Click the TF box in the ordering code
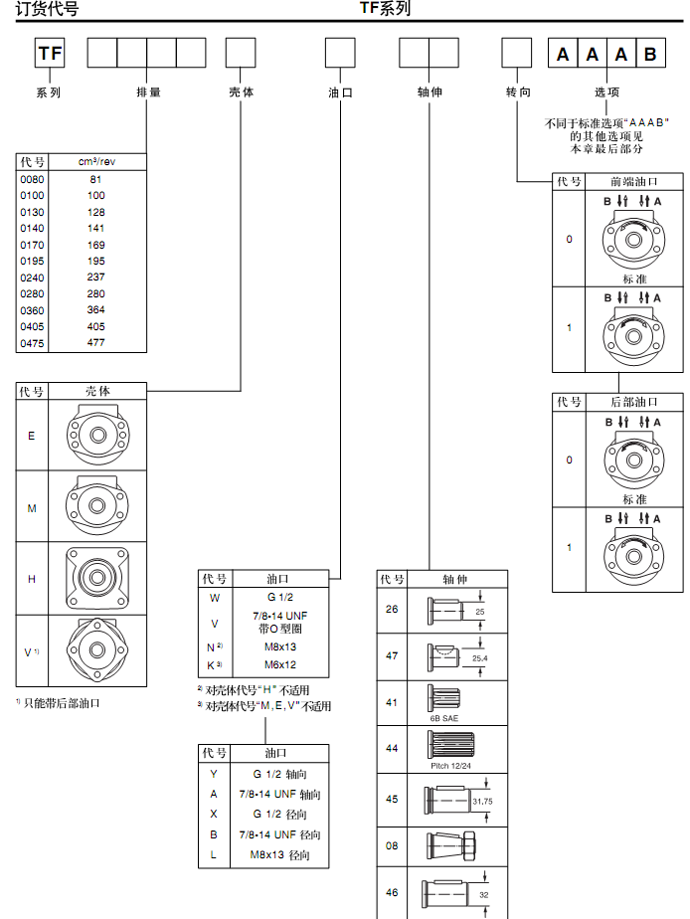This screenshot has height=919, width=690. [x=51, y=53]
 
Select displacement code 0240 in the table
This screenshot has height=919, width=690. [x=32, y=276]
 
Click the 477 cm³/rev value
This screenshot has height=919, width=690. [x=96, y=342]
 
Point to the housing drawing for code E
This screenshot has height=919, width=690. [x=97, y=434]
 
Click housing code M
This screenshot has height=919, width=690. [x=32, y=507]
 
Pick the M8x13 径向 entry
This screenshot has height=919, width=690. [x=279, y=854]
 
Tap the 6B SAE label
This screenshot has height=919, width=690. [x=442, y=716]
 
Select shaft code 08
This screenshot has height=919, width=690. [x=392, y=846]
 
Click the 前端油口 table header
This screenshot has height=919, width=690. [x=633, y=181]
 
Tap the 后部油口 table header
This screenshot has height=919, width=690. [x=633, y=402]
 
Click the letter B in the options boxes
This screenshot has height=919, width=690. [x=650, y=54]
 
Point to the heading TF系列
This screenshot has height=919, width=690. [x=385, y=9]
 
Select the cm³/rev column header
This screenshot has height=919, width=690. [x=96, y=161]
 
